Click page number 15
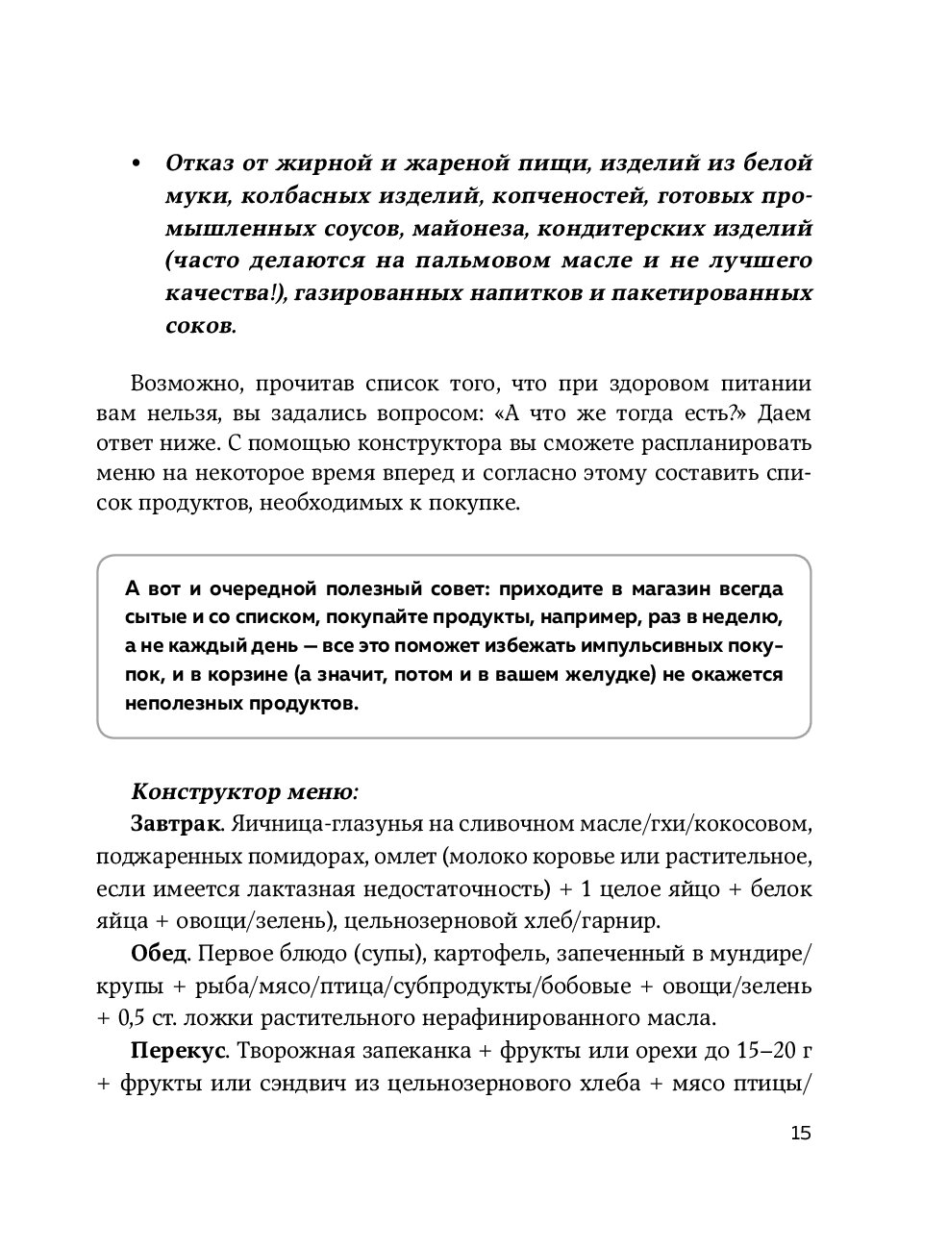[800, 1132]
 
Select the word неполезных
[176, 704]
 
